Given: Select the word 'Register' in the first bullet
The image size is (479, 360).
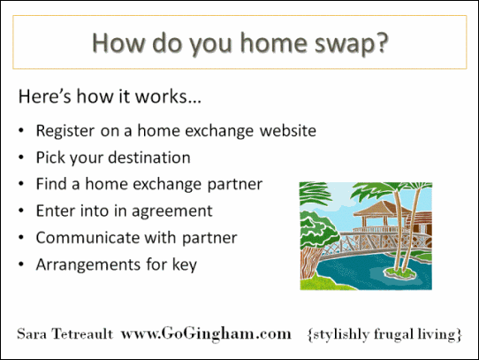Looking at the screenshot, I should click(65, 131).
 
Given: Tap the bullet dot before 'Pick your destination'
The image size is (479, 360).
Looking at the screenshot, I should click(21, 158).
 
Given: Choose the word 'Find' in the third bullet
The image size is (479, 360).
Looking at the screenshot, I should click(50, 184).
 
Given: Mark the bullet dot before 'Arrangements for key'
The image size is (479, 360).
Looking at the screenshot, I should click(21, 264).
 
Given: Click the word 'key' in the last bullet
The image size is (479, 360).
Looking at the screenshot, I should click(183, 264).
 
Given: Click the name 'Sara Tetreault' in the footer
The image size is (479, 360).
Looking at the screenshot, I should click(64, 334).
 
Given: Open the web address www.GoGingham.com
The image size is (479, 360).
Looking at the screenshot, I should click(205, 334).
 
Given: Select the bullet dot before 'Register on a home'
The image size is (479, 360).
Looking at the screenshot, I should click(21, 132).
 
